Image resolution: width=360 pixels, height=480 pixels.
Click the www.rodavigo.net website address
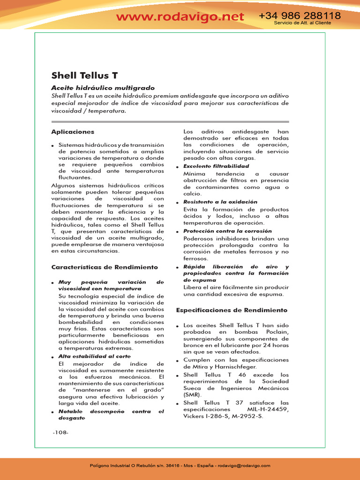[180, 17]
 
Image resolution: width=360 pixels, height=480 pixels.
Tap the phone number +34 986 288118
[300, 16]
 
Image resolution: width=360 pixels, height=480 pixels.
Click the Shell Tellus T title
[84, 75]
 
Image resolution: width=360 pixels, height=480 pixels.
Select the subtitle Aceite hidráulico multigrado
[103, 88]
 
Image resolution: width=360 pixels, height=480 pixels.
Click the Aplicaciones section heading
[73, 132]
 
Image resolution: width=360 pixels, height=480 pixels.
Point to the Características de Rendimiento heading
[105, 267]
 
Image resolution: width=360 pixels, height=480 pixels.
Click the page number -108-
[60, 432]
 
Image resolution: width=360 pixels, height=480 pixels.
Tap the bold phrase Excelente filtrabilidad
[216, 166]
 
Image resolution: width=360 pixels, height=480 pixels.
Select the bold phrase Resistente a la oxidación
[220, 202]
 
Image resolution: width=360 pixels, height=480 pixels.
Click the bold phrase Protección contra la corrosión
[227, 231]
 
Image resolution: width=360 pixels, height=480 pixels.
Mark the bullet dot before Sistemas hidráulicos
[53, 146]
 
